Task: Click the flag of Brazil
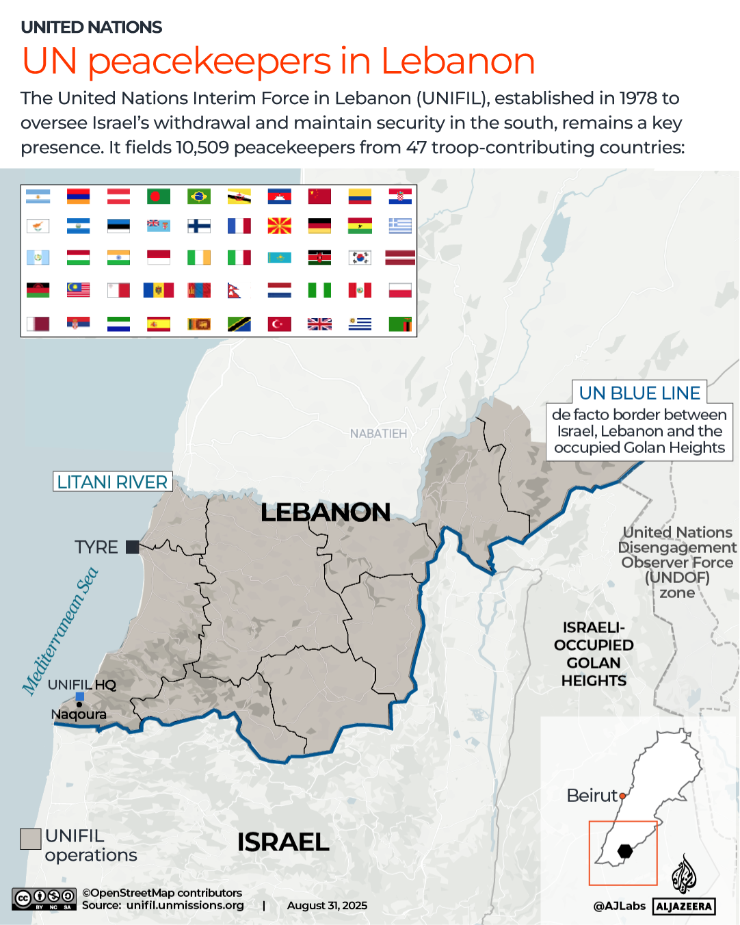coord(199,196)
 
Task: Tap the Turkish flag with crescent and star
coord(279,324)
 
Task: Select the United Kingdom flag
coord(319,324)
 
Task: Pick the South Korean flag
coord(360,257)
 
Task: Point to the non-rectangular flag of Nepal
coord(235,291)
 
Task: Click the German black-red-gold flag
coord(319,226)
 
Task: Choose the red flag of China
coord(319,196)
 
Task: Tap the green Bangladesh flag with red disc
coord(159,196)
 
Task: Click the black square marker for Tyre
coord(133,547)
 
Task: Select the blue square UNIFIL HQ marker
coord(80,696)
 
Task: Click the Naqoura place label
coord(79,714)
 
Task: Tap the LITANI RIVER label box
coord(112,482)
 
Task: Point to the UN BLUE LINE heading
coord(639,393)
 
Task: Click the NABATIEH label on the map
coord(378,434)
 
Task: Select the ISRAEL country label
coord(283,842)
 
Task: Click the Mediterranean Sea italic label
coord(60,631)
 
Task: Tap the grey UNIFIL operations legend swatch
coord(31,839)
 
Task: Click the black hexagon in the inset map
coord(625,851)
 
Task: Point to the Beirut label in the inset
coord(592,796)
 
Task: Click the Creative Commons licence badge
coord(44,898)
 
